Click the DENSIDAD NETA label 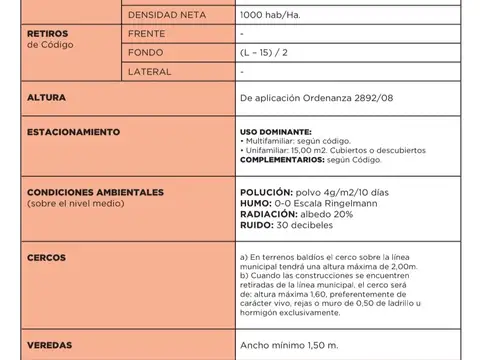tap(167, 17)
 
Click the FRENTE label tap(147, 34)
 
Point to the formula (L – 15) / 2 tap(267, 53)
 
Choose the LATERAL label tap(150, 72)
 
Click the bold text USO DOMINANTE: tap(276, 132)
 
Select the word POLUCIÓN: tap(267, 191)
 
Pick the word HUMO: tap(257, 203)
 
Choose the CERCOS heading tap(46, 257)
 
